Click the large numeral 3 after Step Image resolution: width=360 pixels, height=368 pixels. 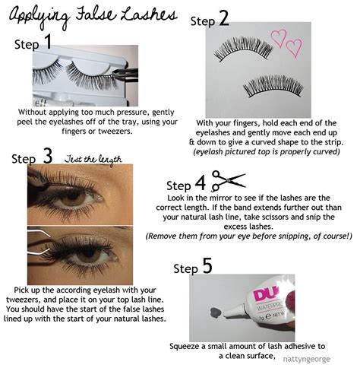47,157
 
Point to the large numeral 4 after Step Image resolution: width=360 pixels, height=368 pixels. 200,184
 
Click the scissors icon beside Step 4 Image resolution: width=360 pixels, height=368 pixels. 228,181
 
